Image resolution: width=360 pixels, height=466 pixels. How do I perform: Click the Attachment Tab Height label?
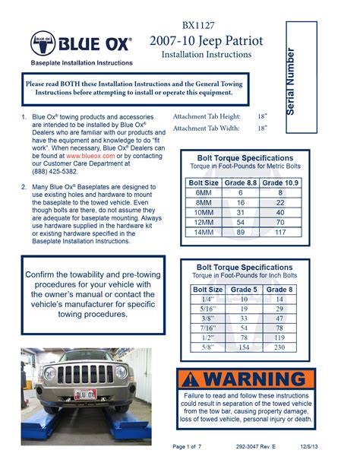pyautogui.click(x=207, y=116)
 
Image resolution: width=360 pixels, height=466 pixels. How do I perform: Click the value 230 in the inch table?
pyautogui.click(x=280, y=347)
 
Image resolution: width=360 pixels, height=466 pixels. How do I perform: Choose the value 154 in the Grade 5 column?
pyautogui.click(x=245, y=347)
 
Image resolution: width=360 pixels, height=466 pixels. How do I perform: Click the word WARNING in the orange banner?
pyautogui.click(x=254, y=379)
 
